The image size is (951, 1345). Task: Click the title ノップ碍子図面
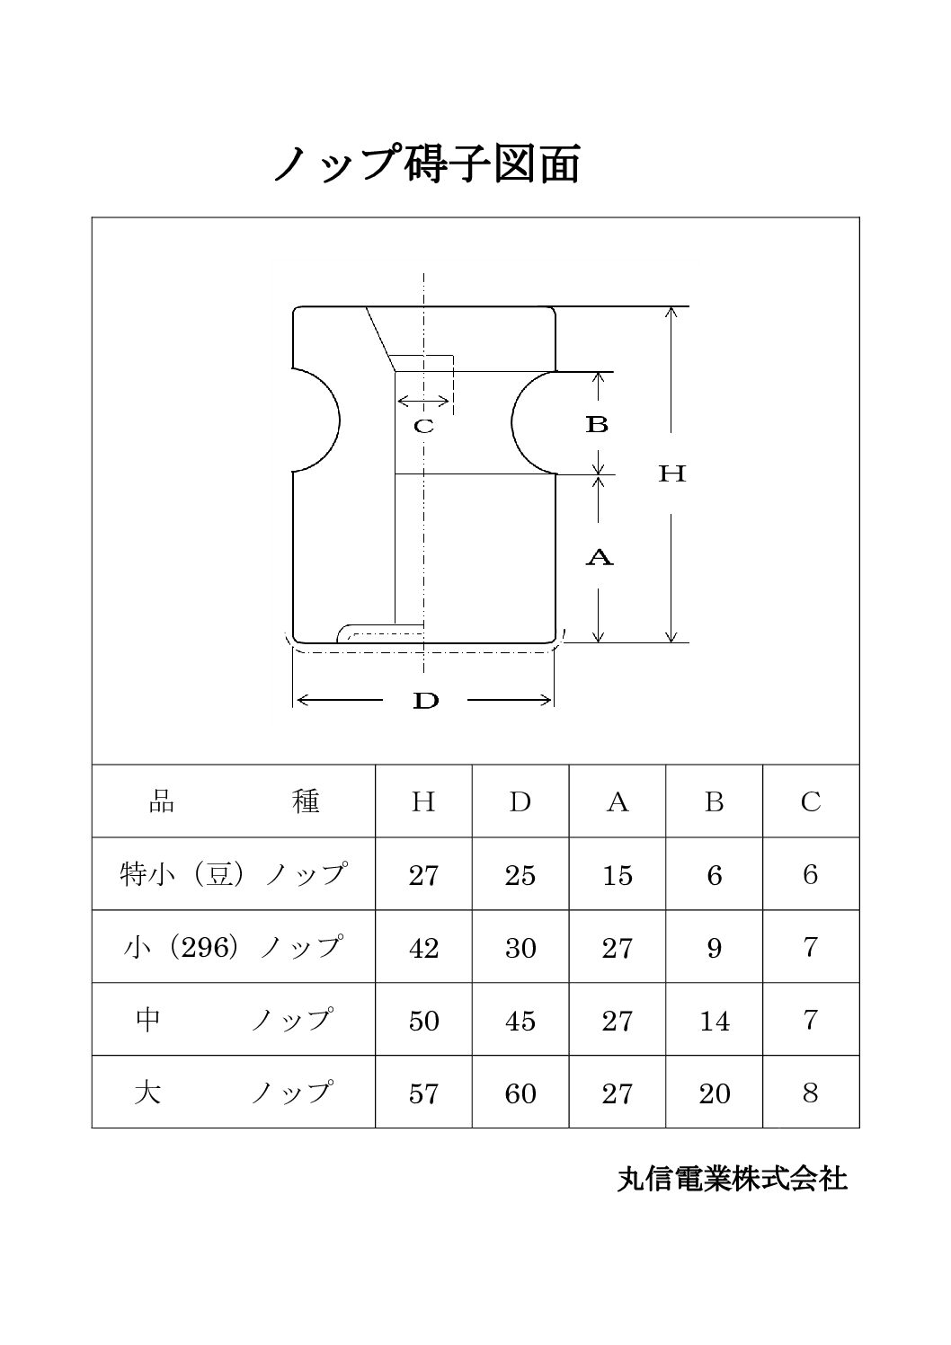tap(427, 164)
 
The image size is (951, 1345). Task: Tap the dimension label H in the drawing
tap(671, 474)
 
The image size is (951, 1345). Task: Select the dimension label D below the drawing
tap(426, 701)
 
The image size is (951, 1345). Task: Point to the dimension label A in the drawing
tap(599, 558)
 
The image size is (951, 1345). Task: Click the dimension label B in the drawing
tap(597, 424)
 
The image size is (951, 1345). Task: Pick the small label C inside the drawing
tap(423, 427)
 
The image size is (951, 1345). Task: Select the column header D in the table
tap(520, 801)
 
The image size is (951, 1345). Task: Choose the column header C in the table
tap(811, 801)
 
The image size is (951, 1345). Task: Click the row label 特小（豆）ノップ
tap(233, 874)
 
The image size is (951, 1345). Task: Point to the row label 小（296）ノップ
tap(233, 947)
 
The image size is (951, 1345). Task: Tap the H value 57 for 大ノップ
tap(423, 1093)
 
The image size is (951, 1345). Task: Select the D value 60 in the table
tap(520, 1093)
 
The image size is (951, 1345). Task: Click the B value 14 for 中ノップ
tap(715, 1021)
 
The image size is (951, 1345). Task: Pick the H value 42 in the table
tap(423, 948)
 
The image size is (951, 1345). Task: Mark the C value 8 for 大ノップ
tap(811, 1093)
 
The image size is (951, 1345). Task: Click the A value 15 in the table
tap(617, 875)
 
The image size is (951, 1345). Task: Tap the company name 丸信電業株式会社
tap(733, 1179)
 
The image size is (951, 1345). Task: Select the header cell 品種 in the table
tap(234, 801)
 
